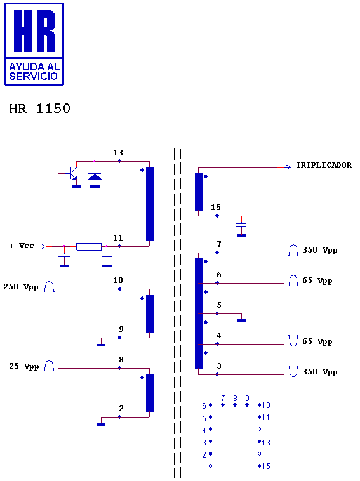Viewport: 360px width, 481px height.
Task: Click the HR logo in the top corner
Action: point(34,44)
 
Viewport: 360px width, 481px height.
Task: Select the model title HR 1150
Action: point(39,109)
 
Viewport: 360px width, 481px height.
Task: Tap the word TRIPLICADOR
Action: point(324,165)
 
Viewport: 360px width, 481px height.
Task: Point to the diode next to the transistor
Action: point(95,176)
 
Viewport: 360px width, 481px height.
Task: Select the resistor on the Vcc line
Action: point(89,247)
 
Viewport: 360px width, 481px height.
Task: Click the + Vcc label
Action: point(22,246)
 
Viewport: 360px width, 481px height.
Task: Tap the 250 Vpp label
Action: point(21,287)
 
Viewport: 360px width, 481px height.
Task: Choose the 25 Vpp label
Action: point(24,366)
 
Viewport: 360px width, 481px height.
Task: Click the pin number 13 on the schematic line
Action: point(118,153)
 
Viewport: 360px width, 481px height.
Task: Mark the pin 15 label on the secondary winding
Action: point(216,208)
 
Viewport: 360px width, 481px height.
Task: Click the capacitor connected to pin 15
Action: point(241,227)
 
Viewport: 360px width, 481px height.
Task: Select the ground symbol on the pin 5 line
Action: point(241,320)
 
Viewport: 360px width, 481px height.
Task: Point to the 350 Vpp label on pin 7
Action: point(320,250)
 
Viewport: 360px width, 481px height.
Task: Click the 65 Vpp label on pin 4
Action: point(317,342)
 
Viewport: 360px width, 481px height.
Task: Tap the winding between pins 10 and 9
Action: point(150,313)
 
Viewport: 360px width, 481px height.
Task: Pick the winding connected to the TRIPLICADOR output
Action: point(199,192)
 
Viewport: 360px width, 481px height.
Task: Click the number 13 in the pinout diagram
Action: point(266,443)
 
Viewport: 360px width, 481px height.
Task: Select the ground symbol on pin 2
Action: point(101,425)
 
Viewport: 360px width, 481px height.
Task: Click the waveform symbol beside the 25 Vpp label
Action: point(49,366)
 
